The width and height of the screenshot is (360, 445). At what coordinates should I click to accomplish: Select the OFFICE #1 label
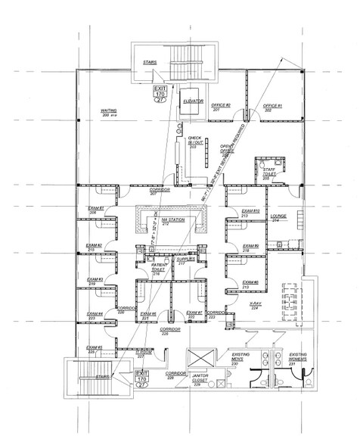[x=272, y=107]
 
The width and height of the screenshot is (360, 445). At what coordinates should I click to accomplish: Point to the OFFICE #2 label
[x=222, y=107]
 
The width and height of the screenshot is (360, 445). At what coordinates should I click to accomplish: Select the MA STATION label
[x=171, y=221]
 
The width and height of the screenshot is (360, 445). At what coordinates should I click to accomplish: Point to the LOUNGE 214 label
[x=277, y=216]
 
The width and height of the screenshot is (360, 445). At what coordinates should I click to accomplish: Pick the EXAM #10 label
[x=250, y=213]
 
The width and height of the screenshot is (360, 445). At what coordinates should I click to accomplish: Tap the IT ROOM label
[x=144, y=353]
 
